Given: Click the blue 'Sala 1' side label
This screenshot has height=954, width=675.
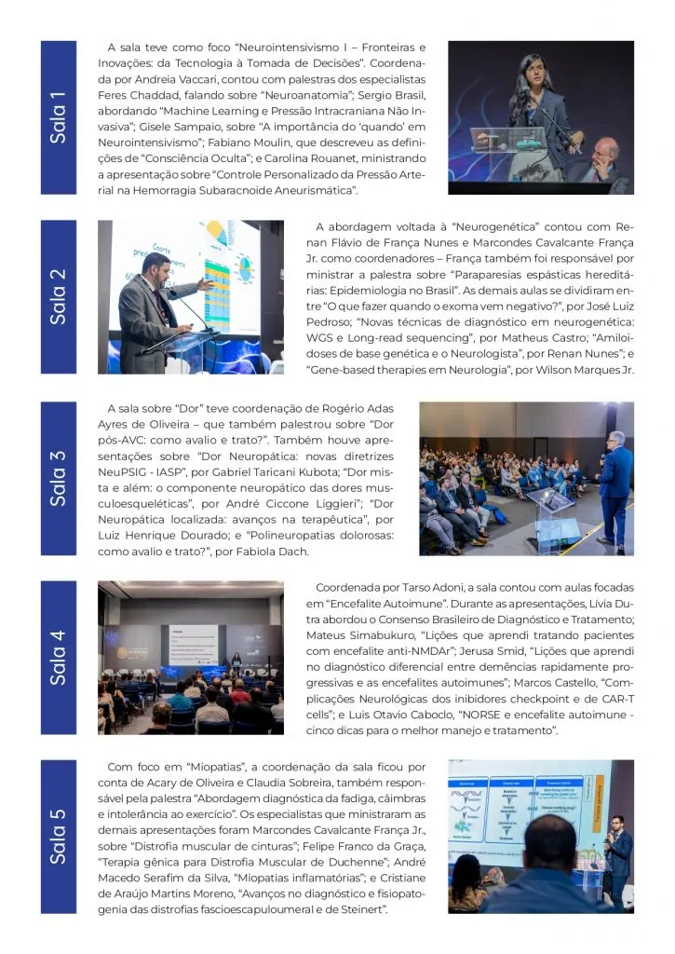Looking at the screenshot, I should coord(59,117).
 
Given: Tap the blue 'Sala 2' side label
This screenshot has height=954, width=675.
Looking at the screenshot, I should coord(59,296).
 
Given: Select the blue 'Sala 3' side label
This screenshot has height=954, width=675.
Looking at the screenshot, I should coord(59,477).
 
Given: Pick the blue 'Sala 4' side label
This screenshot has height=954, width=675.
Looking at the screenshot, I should coord(59,657).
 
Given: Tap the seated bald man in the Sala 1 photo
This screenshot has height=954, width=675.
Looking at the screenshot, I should coord(603,163).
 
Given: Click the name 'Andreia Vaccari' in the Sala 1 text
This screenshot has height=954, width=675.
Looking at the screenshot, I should coord(155,78).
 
